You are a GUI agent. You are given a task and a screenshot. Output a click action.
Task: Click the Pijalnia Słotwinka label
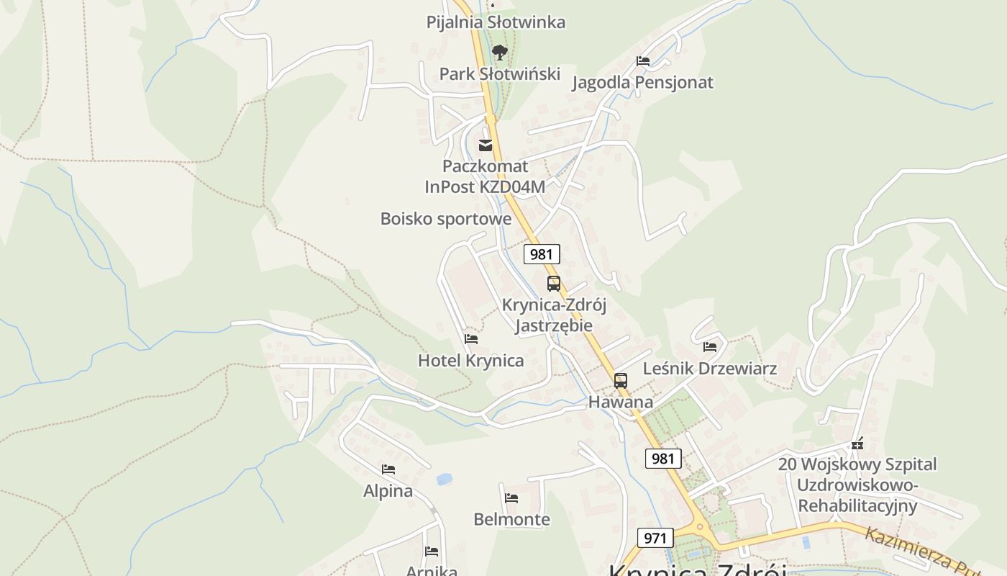(496, 22)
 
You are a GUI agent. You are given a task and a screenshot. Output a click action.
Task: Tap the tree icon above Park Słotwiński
(499, 52)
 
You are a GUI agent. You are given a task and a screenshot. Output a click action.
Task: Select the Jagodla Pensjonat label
(642, 83)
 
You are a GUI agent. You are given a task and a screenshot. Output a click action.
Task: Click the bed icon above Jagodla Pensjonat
(643, 61)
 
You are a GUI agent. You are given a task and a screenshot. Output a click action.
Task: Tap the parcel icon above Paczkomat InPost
(486, 145)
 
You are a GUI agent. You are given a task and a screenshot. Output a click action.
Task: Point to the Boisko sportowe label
(446, 219)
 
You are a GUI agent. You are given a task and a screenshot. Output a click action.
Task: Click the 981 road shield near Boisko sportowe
(542, 254)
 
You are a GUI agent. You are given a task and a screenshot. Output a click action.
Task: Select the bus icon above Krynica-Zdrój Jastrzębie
(554, 284)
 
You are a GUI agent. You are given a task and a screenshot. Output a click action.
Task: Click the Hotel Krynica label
(471, 361)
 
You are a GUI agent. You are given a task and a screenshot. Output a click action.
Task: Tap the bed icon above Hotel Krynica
(471, 338)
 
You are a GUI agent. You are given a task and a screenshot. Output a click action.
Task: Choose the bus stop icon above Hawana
(621, 381)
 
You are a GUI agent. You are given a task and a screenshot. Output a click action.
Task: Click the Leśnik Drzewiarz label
(710, 369)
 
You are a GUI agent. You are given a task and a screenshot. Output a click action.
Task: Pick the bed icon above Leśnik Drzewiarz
(710, 347)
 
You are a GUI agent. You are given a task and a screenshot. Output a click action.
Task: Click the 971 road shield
(655, 538)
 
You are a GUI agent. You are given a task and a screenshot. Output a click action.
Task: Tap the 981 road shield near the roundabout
(663, 459)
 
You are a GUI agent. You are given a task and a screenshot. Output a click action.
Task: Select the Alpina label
(388, 491)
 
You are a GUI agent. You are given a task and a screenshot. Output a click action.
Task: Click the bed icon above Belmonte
(511, 498)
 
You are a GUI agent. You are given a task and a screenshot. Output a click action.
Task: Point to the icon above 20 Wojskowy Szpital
(857, 444)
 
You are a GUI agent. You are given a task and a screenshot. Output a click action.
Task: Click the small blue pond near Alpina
(445, 479)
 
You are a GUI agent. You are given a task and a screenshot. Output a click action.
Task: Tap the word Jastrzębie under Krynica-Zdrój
(554, 325)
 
